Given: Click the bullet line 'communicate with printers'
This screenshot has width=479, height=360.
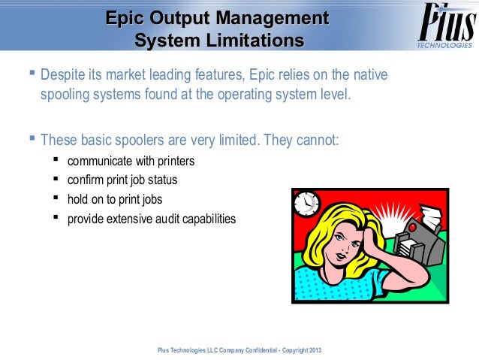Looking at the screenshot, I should [131, 161].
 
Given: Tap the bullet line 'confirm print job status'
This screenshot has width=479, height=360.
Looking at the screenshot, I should [122, 180].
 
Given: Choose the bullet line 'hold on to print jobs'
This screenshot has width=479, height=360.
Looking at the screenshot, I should [114, 200].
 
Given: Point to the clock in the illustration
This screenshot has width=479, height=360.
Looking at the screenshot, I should [307, 203].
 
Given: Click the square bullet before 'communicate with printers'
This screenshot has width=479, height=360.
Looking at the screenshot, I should [56, 160].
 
